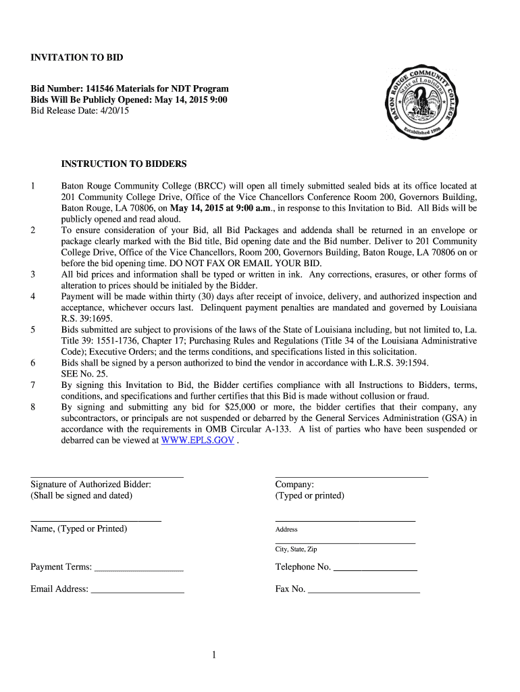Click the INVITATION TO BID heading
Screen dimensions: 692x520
[77, 57]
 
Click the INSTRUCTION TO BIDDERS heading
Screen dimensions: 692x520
[124, 164]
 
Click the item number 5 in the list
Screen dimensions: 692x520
[33, 330]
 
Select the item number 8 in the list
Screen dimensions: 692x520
[33, 407]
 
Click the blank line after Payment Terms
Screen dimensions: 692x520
[139, 568]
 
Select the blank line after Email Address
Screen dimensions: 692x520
[137, 589]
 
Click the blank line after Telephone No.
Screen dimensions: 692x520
[375, 568]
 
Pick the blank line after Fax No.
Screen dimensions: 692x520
[364, 589]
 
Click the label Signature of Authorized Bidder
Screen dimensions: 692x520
[90, 485]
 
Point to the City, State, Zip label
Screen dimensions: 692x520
[296, 549]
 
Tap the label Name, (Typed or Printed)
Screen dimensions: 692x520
[78, 528]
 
